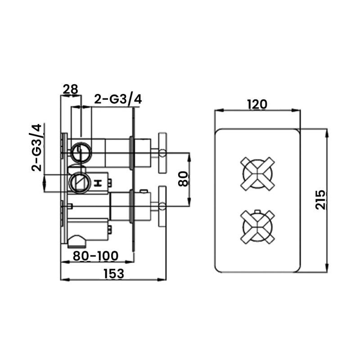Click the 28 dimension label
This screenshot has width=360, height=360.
click(71, 89)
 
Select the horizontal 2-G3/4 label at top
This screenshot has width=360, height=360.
click(118, 99)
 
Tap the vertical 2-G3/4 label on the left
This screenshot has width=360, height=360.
click(37, 148)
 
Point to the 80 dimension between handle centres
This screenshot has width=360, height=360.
click(183, 179)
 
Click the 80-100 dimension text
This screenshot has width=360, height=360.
click(95, 256)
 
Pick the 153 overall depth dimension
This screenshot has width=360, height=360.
click(114, 274)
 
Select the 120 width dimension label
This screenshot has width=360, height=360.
click(257, 105)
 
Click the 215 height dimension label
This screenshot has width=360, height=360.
click(320, 199)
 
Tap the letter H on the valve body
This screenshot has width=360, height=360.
click(98, 183)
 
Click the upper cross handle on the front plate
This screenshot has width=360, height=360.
click(257, 174)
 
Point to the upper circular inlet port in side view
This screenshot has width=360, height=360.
click(81, 153)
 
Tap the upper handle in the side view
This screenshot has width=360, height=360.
click(162, 153)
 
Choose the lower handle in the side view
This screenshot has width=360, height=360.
click(162, 207)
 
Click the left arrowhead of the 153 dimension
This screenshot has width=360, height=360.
click(64, 279)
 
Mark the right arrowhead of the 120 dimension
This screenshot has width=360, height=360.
click(297, 110)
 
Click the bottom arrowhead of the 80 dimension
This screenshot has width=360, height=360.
click(189, 202)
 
